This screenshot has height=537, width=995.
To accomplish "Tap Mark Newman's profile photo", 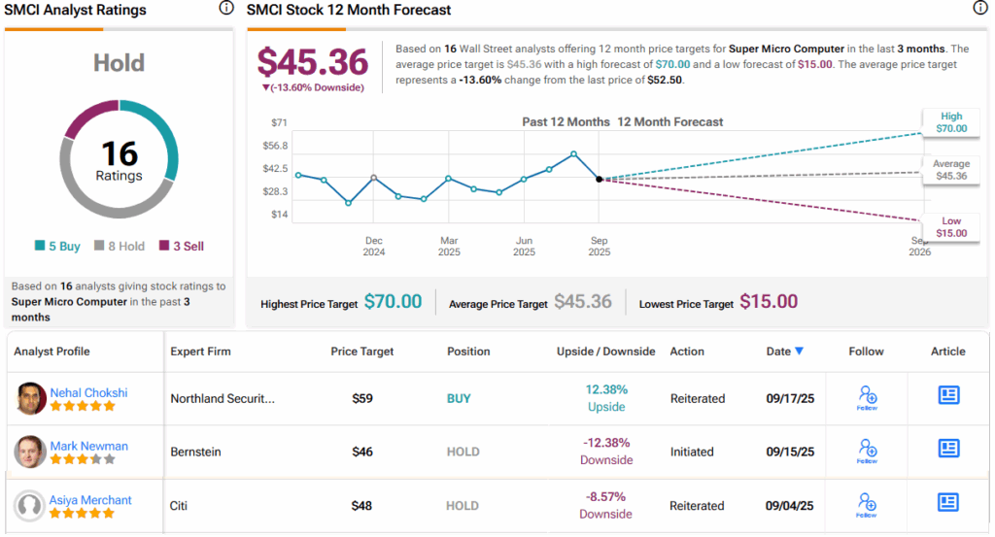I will click(31, 452).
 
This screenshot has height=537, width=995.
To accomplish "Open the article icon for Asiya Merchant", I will click(948, 502).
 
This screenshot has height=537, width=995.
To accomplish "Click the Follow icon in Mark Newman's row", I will click(867, 450).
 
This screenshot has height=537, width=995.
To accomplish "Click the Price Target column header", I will click(361, 352).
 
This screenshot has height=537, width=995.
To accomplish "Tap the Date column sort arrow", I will click(799, 352).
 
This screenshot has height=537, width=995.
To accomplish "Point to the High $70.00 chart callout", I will click(951, 122).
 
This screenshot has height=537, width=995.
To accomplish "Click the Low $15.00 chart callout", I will click(951, 227).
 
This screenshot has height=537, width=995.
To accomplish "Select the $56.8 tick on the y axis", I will click(275, 146).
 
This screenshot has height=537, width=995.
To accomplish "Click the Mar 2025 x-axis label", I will click(449, 246).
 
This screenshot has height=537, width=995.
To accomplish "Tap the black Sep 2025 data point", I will click(599, 179).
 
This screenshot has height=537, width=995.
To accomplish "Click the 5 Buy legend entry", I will click(57, 247).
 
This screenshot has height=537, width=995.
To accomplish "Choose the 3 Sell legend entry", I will click(182, 247).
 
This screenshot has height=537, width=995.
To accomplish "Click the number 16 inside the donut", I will click(119, 153).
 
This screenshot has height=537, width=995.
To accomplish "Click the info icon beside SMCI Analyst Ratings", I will click(226, 9).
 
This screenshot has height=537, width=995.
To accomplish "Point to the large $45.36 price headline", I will click(313, 62).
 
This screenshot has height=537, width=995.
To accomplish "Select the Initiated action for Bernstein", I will click(692, 452).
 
